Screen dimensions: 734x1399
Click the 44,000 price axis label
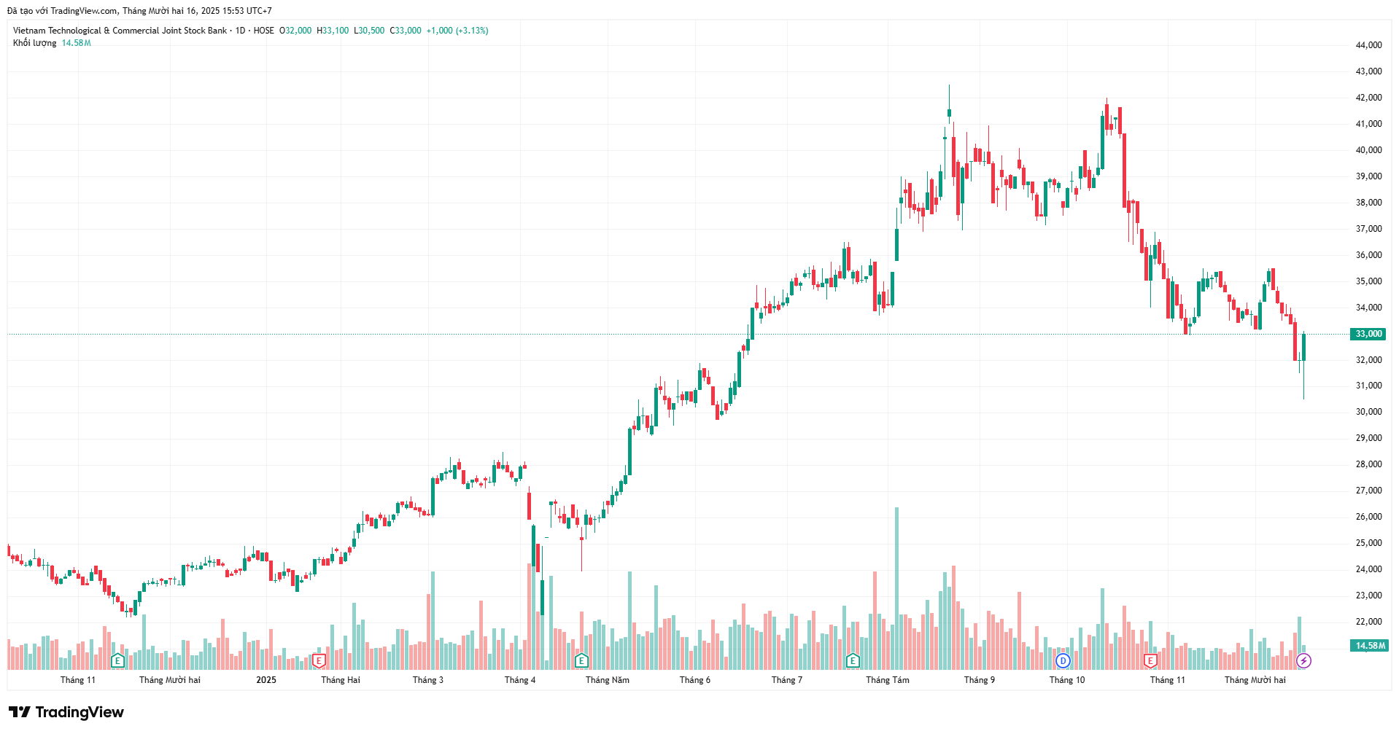coord(1368,45)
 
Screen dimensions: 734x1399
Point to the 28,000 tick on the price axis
coord(1368,464)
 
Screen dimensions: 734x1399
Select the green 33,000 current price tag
coord(1368,334)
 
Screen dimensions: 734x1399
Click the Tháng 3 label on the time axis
coord(427,680)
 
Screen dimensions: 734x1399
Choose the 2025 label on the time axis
coord(266,680)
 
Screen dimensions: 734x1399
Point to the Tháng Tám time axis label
coord(887,680)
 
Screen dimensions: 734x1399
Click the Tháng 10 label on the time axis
coord(1066,680)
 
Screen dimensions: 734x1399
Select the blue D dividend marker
coord(1063,661)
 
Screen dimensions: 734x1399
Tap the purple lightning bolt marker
coord(1303,661)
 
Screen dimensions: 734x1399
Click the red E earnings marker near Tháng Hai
coord(319,661)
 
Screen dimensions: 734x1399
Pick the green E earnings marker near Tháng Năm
coord(581,661)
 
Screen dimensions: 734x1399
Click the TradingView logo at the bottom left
coord(66,712)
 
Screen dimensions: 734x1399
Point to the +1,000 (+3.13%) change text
coord(457,31)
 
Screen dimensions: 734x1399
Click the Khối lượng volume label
coord(34,43)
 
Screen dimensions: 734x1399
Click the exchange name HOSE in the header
coord(263,31)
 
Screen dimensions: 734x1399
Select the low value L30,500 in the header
coord(369,31)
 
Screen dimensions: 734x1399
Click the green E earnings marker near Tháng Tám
coord(853,661)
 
